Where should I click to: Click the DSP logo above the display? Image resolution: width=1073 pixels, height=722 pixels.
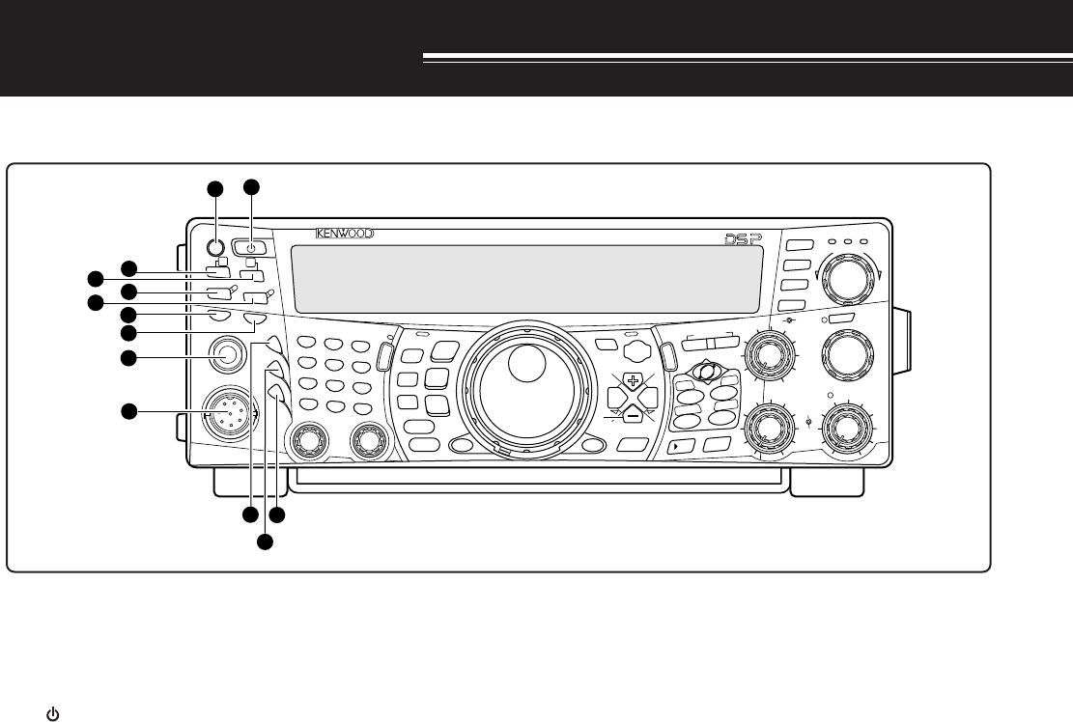point(743,237)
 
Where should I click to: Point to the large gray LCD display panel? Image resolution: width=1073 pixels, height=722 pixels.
point(525,278)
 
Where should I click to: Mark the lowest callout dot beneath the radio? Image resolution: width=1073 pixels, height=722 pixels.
point(265,544)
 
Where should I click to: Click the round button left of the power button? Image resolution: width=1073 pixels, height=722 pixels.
point(216,244)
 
